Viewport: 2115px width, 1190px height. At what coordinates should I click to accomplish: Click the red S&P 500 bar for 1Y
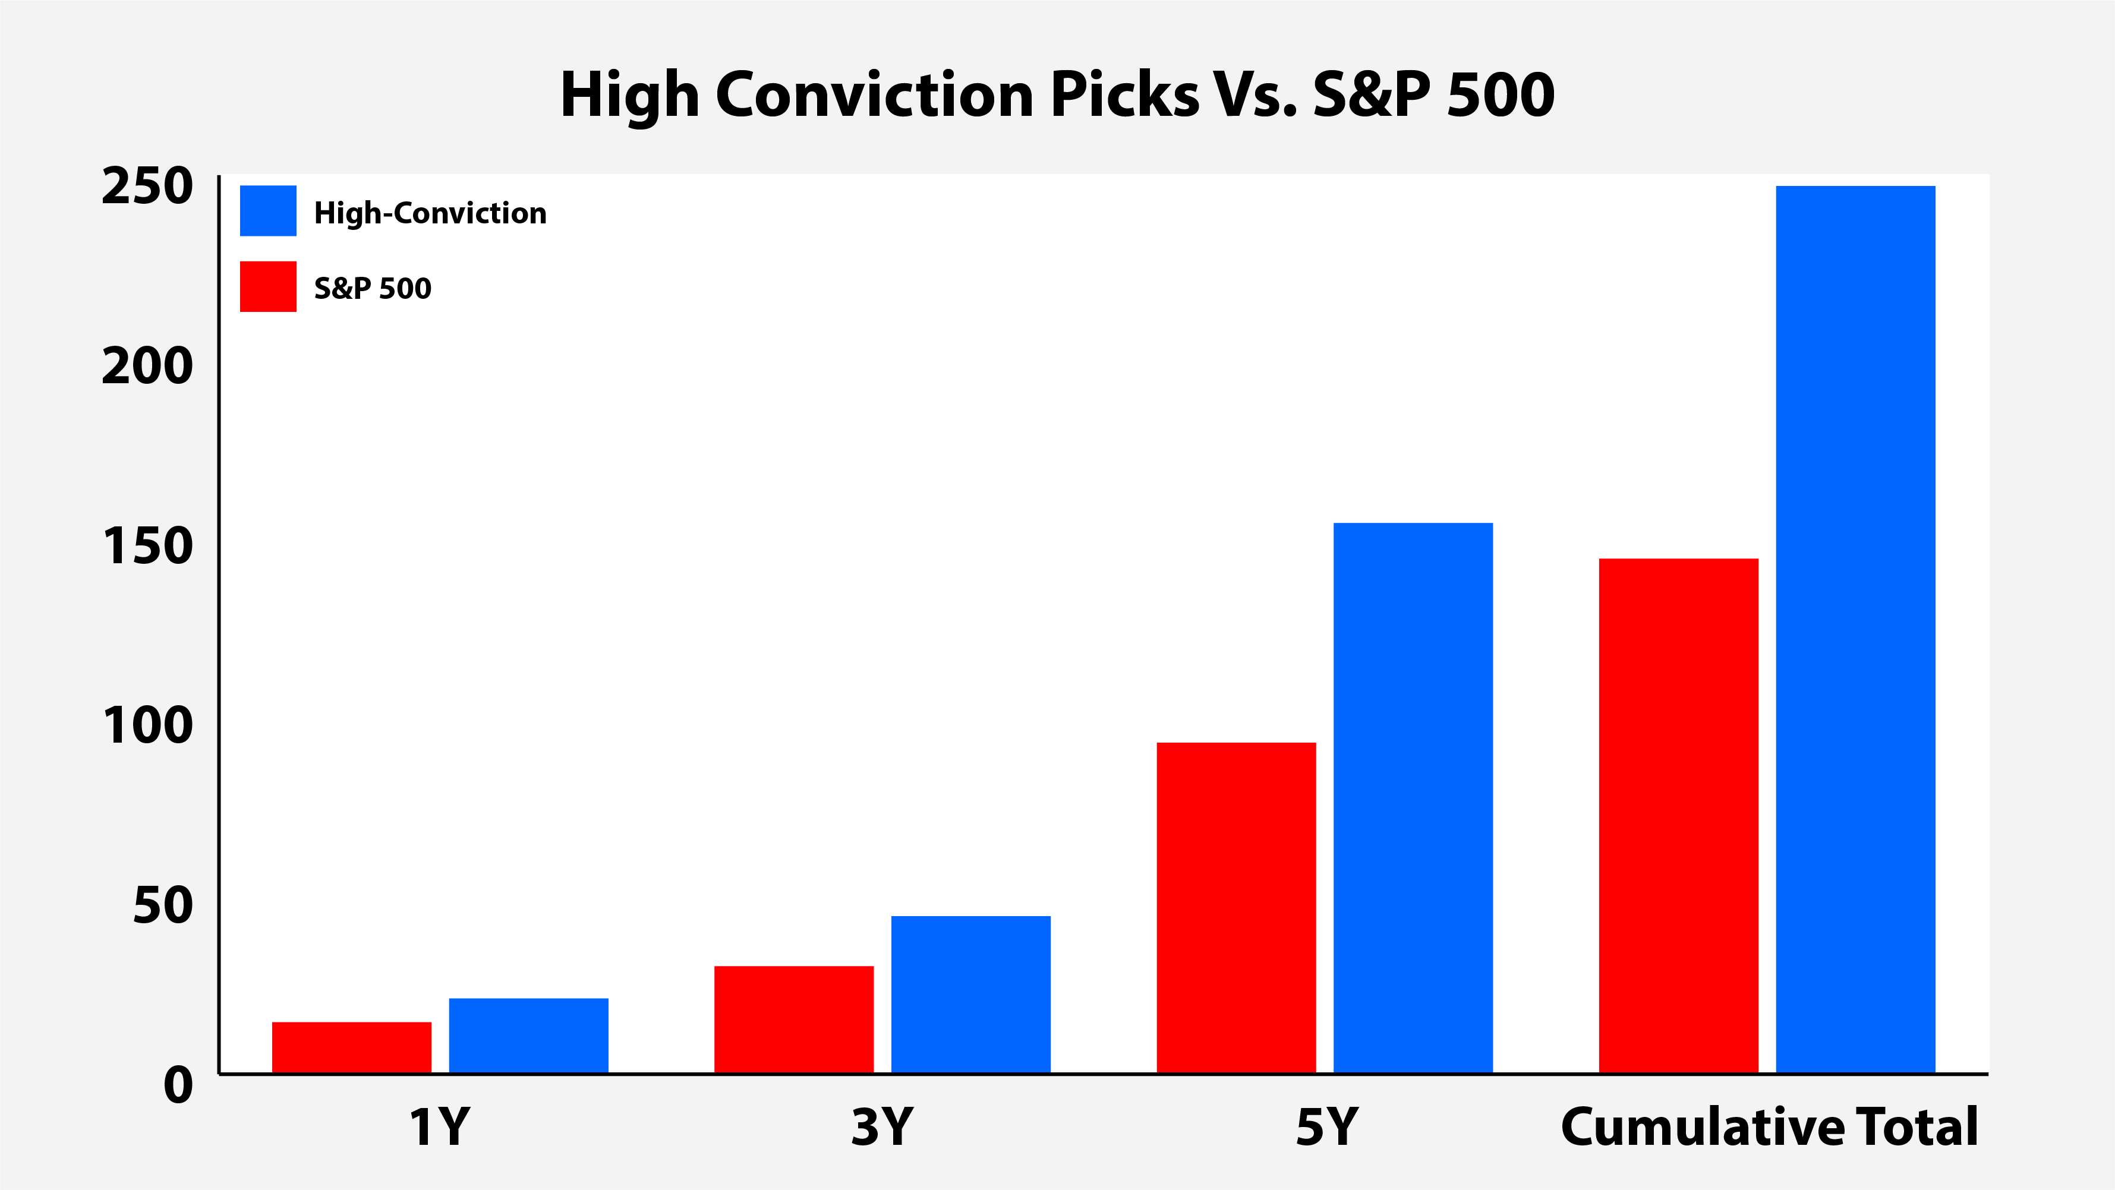[x=351, y=1047]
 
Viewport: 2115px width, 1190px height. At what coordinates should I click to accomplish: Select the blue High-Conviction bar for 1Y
[x=529, y=1036]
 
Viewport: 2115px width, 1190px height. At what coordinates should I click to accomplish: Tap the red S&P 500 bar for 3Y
[x=794, y=1019]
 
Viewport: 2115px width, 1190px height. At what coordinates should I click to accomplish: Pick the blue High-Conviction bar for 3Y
[x=970, y=995]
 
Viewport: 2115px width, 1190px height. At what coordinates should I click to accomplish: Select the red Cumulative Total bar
[x=1679, y=816]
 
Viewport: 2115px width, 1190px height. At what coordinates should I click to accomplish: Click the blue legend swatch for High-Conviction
[x=267, y=211]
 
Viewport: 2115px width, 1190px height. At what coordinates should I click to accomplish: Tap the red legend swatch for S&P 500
[x=267, y=286]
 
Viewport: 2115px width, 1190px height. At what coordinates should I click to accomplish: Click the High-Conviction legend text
[x=430, y=213]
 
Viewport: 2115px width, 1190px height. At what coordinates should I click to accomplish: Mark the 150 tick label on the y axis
[x=148, y=546]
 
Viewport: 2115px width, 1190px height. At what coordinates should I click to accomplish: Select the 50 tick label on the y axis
[x=163, y=905]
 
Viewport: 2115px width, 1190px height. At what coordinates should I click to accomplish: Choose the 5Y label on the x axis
[x=1327, y=1127]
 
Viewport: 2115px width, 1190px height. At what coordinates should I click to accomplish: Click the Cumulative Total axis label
[x=1769, y=1127]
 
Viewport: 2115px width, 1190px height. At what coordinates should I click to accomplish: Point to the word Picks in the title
[x=1126, y=94]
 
